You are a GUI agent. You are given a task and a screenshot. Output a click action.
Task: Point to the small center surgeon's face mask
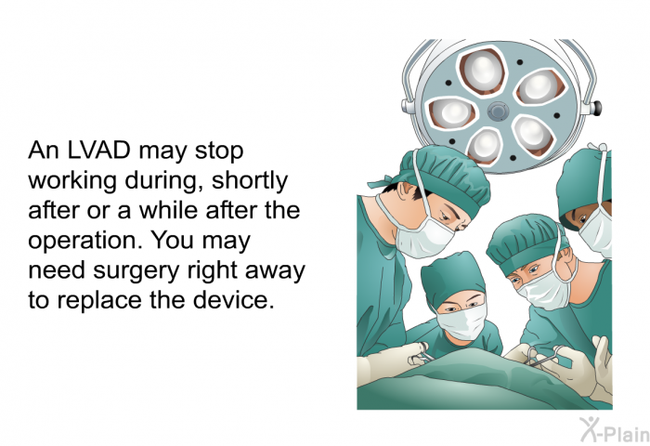(x=461, y=321)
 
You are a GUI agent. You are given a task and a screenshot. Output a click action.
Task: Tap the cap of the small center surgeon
(x=453, y=275)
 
